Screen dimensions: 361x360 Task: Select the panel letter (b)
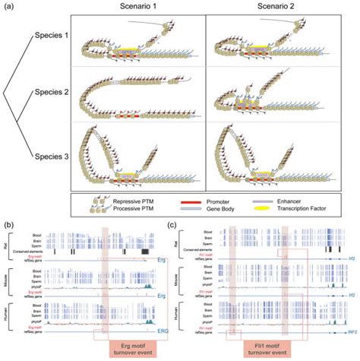pos(10,225)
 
